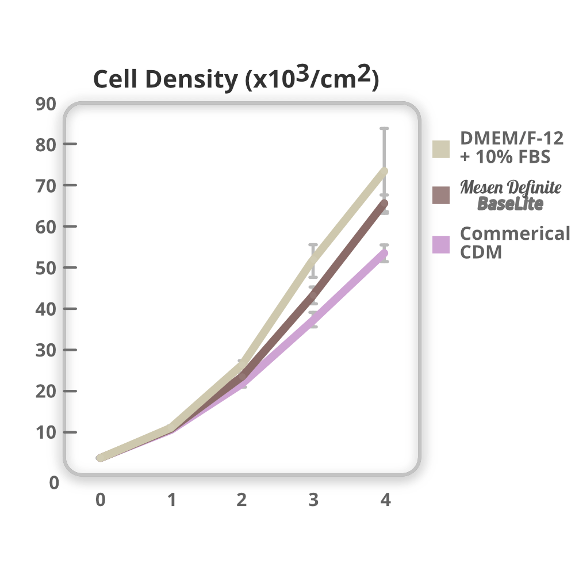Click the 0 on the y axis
[53, 483]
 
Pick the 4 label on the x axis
[385, 500]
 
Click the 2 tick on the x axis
[241, 500]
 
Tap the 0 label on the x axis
[101, 500]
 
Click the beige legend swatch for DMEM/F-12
[441, 148]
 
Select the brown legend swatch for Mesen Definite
[441, 195]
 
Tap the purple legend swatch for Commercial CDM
[441, 244]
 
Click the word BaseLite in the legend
[510, 204]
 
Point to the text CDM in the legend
[481, 252]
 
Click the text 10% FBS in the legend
[500, 156]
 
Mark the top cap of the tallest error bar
[384, 128]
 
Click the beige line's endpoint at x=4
[384, 171]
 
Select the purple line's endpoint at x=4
[384, 253]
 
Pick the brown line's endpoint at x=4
[384, 203]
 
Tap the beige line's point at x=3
[313, 262]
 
